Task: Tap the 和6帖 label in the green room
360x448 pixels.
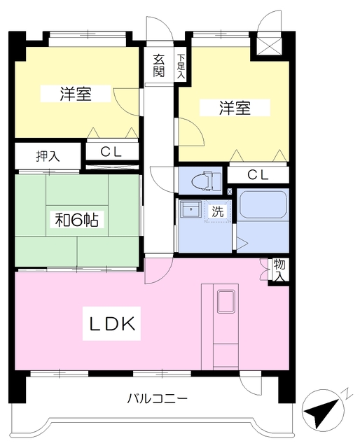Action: [77, 219]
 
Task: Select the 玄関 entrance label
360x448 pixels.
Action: [159, 65]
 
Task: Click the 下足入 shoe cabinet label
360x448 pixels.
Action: [181, 66]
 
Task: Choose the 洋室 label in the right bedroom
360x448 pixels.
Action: [235, 108]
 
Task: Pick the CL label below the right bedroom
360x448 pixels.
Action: [257, 176]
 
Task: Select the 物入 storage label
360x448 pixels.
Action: [279, 269]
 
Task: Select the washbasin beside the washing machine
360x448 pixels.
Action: [188, 209]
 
